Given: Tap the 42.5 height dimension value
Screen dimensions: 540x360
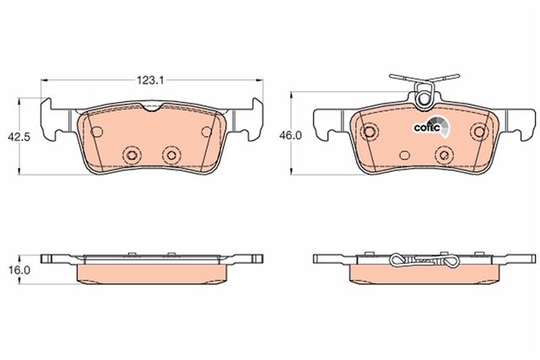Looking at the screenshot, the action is click(19, 137).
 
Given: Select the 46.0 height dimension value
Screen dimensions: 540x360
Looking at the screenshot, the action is click(290, 136).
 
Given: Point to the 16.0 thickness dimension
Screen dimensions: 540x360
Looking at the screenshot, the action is click(19, 270).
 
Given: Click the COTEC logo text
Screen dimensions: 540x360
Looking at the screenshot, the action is click(427, 128).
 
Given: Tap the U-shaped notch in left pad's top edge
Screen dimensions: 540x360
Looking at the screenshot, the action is click(151, 108).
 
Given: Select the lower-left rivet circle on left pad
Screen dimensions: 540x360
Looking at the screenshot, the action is click(132, 155).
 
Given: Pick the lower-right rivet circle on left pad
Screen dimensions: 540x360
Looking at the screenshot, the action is click(171, 155).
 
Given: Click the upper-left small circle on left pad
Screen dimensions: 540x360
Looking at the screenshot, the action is click(96, 132).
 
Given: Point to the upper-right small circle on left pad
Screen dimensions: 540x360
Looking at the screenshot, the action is click(207, 132).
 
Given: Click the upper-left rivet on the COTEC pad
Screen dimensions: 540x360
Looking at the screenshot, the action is click(370, 132).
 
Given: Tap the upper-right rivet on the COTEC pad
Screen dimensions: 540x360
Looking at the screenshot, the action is click(479, 132).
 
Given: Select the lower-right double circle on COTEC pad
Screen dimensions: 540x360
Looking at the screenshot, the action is click(444, 155).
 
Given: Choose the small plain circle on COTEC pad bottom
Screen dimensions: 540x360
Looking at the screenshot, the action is click(405, 155).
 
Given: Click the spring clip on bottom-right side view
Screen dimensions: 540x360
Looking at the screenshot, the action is click(424, 261).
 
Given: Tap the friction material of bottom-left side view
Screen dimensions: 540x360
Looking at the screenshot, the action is click(152, 274).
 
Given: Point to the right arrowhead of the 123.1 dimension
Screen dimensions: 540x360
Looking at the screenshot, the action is click(259, 81).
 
